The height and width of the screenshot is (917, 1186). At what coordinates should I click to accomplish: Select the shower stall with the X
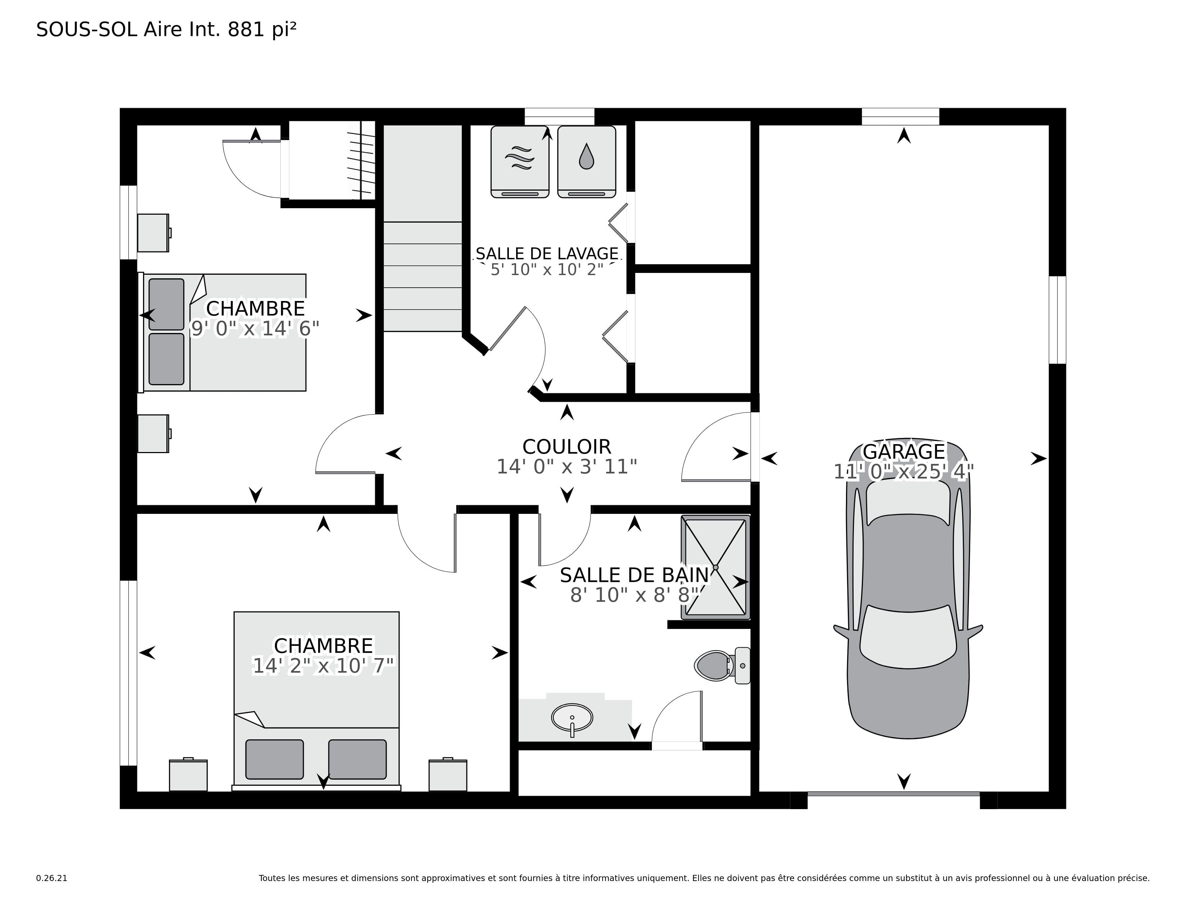pyautogui.click(x=716, y=567)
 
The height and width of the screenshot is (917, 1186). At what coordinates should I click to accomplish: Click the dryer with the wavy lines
pyautogui.click(x=520, y=162)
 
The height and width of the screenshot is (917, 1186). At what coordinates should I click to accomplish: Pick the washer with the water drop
pyautogui.click(x=587, y=162)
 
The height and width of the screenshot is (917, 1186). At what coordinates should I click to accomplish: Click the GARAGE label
pyautogui.click(x=904, y=451)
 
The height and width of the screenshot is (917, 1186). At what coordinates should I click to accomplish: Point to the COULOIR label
pyautogui.click(x=566, y=447)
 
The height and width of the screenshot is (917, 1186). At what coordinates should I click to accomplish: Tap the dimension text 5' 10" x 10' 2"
pyautogui.click(x=547, y=269)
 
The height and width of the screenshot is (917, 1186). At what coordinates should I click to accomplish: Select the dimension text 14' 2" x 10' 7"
pyautogui.click(x=323, y=666)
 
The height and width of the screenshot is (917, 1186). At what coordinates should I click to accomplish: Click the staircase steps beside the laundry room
pyautogui.click(x=423, y=277)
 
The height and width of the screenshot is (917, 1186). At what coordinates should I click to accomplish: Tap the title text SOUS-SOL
pyautogui.click(x=86, y=30)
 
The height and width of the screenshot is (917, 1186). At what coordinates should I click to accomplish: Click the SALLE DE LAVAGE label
pyautogui.click(x=547, y=254)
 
